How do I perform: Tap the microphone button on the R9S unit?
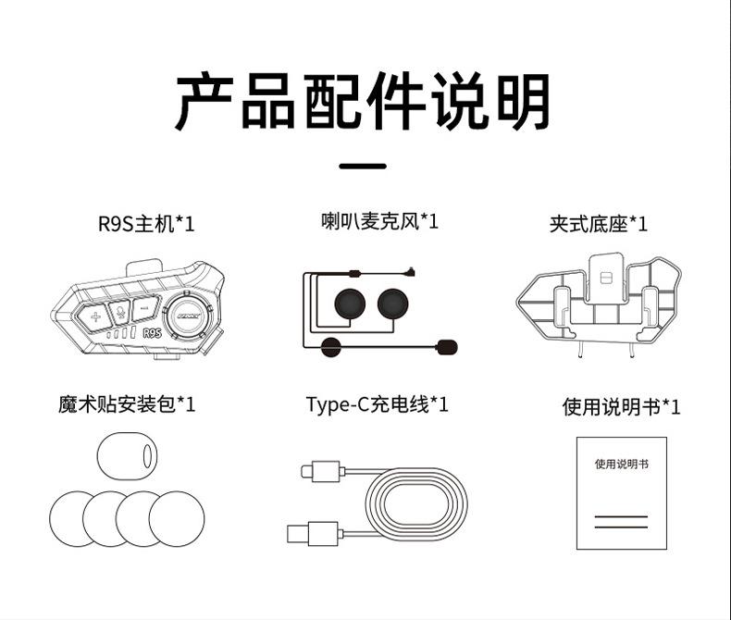coord(119,313)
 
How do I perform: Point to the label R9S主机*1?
coord(146,224)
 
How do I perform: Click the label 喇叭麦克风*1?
coord(379,222)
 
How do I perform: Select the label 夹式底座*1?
coord(599,224)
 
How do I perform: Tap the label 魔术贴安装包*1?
coord(126,404)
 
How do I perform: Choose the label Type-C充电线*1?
coord(378,404)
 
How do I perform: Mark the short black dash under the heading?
coord(364,167)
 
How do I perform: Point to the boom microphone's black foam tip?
coord(447,347)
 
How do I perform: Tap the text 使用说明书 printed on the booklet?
coord(621,463)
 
